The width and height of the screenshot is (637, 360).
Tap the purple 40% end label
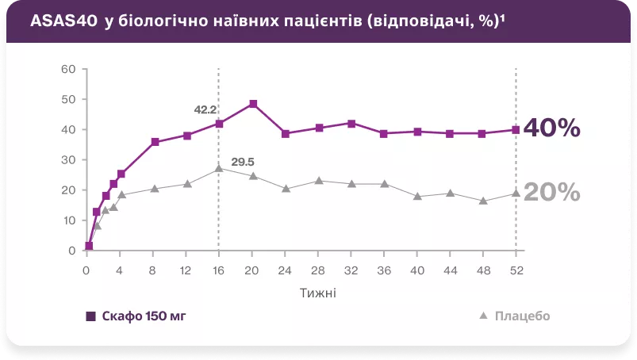(x=552, y=128)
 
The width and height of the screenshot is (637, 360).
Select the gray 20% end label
(x=552, y=193)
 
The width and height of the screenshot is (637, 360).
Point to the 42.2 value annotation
(x=205, y=109)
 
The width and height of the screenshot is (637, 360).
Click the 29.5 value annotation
(x=243, y=163)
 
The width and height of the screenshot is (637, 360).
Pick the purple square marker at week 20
(x=253, y=104)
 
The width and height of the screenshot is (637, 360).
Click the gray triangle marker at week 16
(x=219, y=168)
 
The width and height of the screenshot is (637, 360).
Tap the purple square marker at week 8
(x=155, y=142)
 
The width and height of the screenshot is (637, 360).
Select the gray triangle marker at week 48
(x=482, y=201)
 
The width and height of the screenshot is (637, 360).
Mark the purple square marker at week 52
(x=516, y=129)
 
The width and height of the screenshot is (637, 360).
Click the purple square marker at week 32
(x=351, y=124)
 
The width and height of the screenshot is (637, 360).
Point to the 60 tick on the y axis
(x=68, y=69)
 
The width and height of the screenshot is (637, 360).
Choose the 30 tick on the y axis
(x=68, y=159)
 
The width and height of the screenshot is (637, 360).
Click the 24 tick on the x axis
(x=286, y=269)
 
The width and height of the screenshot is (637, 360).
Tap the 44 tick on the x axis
(x=450, y=269)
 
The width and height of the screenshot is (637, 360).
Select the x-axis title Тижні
(x=317, y=292)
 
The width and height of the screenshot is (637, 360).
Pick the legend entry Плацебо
(x=521, y=316)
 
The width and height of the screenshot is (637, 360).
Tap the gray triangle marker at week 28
(x=318, y=181)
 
